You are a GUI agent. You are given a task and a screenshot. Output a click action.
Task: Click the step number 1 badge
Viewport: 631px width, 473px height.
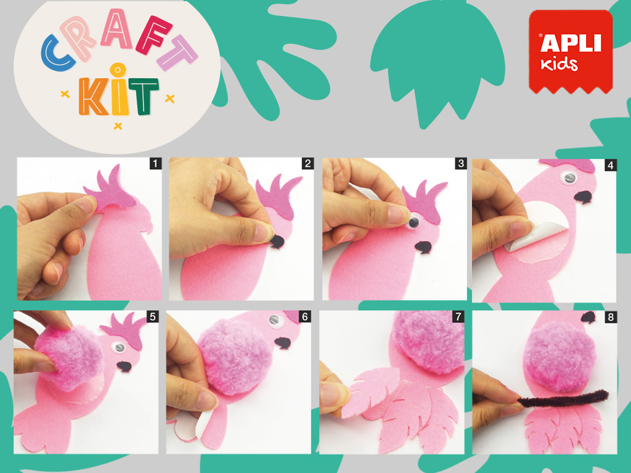[155, 163]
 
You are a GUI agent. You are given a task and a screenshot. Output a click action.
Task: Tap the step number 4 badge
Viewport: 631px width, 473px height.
[611, 165]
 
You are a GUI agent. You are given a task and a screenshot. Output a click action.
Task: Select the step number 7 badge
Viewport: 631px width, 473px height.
[458, 317]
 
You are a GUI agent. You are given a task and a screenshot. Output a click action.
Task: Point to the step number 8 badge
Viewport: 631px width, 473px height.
[611, 317]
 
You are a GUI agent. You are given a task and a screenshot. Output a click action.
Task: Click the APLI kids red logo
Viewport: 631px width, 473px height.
[571, 52]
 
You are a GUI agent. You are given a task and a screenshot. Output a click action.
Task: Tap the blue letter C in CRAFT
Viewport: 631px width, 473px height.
[57, 53]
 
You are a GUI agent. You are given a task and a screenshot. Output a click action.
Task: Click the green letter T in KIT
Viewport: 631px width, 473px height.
[143, 95]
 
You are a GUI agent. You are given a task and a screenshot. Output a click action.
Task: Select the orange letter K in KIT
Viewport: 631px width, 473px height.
[93, 96]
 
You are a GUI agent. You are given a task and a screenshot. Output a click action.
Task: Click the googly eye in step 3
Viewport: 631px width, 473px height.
[413, 222]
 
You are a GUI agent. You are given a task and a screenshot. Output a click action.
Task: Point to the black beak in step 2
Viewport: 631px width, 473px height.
[277, 241]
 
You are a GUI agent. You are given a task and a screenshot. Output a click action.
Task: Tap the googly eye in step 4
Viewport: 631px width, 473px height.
[568, 178]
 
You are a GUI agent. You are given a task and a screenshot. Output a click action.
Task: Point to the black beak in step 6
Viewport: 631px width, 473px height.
[283, 342]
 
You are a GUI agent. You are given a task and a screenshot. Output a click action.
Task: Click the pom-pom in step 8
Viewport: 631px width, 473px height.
[559, 356]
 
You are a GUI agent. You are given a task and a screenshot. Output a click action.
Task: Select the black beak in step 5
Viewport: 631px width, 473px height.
[124, 366]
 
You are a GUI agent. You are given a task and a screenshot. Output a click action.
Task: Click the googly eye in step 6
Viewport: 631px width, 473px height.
[274, 320]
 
